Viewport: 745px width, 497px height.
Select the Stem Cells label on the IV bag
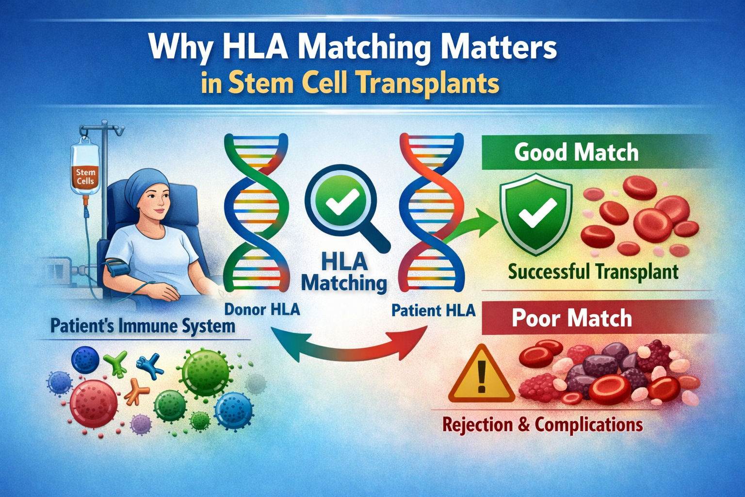(x=85, y=177)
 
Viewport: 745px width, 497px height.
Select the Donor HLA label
(x=262, y=310)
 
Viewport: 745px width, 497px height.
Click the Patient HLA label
(x=433, y=311)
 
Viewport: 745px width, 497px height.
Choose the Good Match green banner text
(x=576, y=152)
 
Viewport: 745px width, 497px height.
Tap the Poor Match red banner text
(x=572, y=318)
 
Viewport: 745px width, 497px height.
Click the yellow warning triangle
(x=481, y=374)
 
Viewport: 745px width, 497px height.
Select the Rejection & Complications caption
(x=543, y=425)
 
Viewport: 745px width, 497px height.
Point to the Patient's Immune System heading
(x=143, y=326)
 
